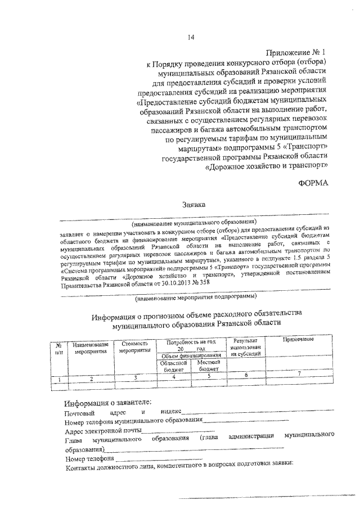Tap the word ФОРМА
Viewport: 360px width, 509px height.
coord(312,183)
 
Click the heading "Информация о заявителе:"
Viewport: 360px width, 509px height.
coord(107,402)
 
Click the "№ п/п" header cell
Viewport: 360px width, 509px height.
coord(58,348)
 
